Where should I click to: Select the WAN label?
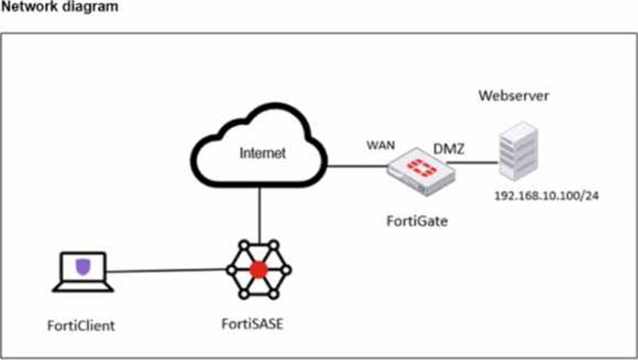click(382, 144)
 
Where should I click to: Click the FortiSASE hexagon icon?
click(258, 269)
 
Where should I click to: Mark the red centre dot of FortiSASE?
click(258, 269)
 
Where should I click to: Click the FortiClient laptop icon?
click(83, 272)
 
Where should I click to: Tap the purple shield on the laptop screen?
click(83, 266)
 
